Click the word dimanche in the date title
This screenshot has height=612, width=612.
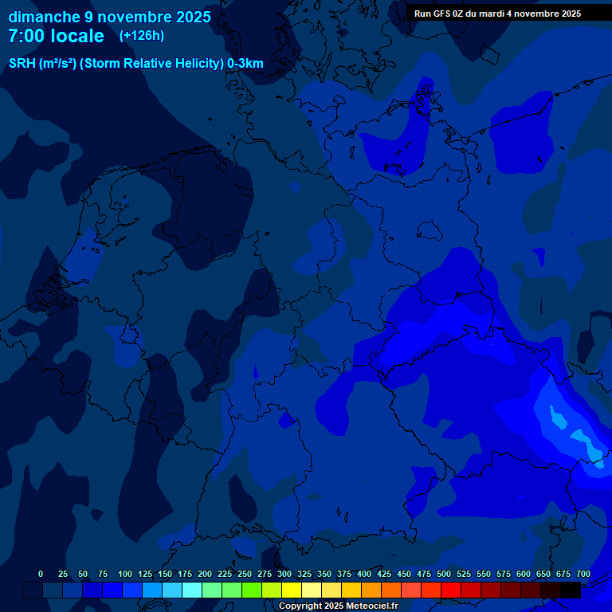(x=44, y=17)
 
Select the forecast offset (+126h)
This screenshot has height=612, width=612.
(x=141, y=36)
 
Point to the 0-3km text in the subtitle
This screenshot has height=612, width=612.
(x=245, y=64)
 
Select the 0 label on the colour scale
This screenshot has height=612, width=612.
(x=41, y=574)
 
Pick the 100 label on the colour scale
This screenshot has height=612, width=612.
(x=125, y=574)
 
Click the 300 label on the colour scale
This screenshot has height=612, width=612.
(x=284, y=574)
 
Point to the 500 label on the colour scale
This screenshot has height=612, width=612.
(x=444, y=574)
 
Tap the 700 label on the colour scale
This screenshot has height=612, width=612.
(x=583, y=574)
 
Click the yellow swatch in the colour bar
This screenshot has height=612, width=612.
(x=292, y=590)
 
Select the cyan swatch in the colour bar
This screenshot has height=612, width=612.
(x=192, y=590)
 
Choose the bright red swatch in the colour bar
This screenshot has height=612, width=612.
(x=451, y=590)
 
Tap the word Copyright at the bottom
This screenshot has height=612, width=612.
(x=300, y=606)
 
